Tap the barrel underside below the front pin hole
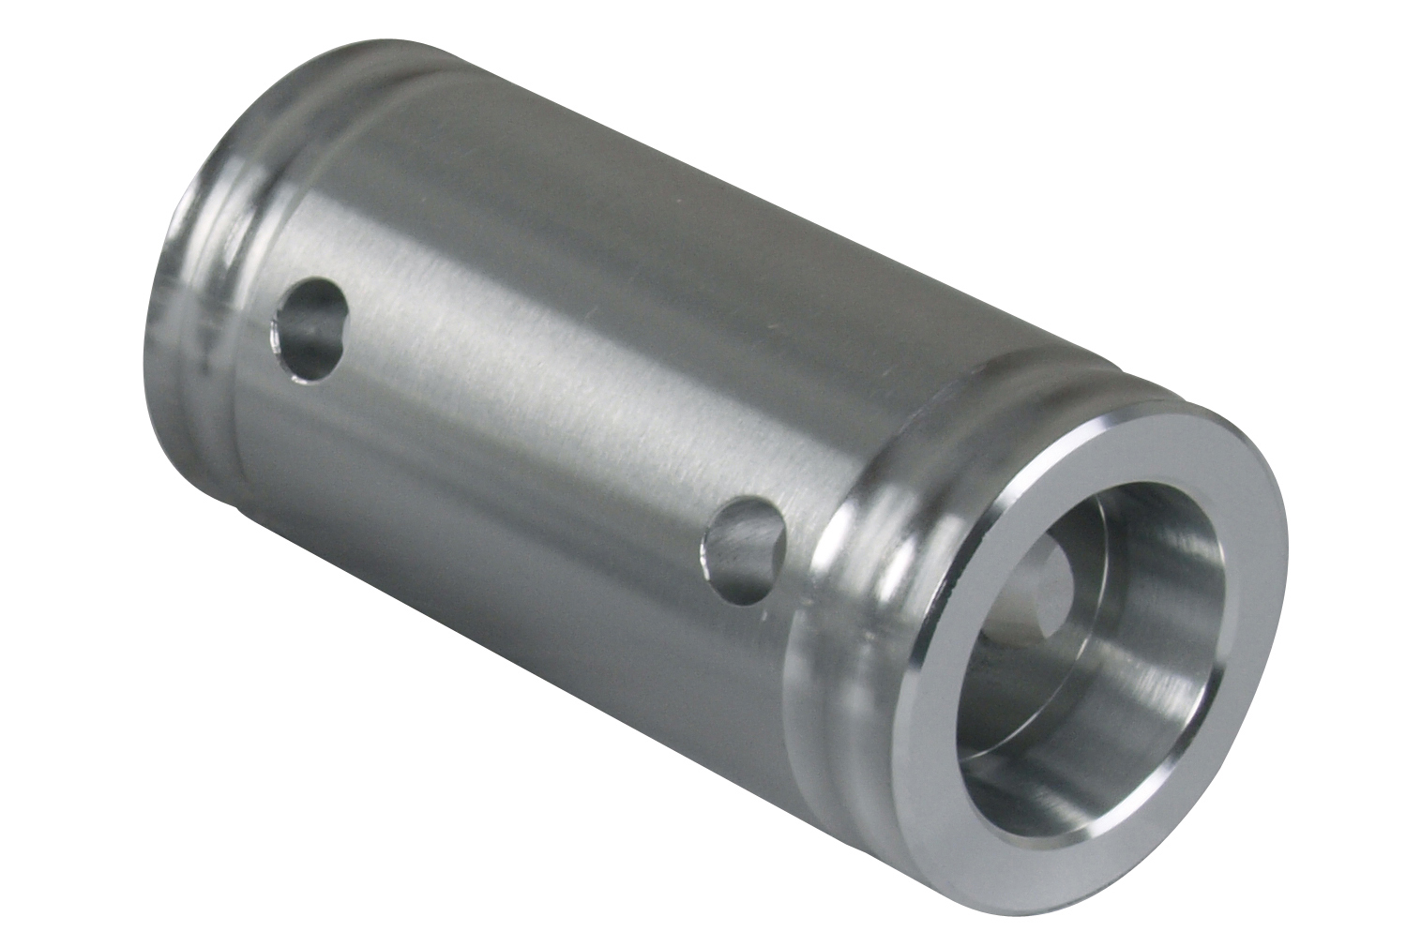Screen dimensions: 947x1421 [657, 675]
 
